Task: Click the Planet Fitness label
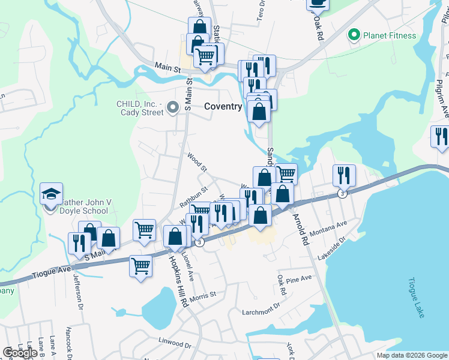pos(390,35)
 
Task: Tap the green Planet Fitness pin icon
pos(354,35)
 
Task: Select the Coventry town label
pos(223,106)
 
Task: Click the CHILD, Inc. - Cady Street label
pos(140,108)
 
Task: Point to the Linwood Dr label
pos(175,345)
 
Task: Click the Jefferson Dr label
pos(79,292)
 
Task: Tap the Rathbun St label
pos(193,196)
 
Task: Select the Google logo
pos(20,353)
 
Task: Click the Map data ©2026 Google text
pos(412,355)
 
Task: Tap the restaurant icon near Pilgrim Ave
pos(440,137)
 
